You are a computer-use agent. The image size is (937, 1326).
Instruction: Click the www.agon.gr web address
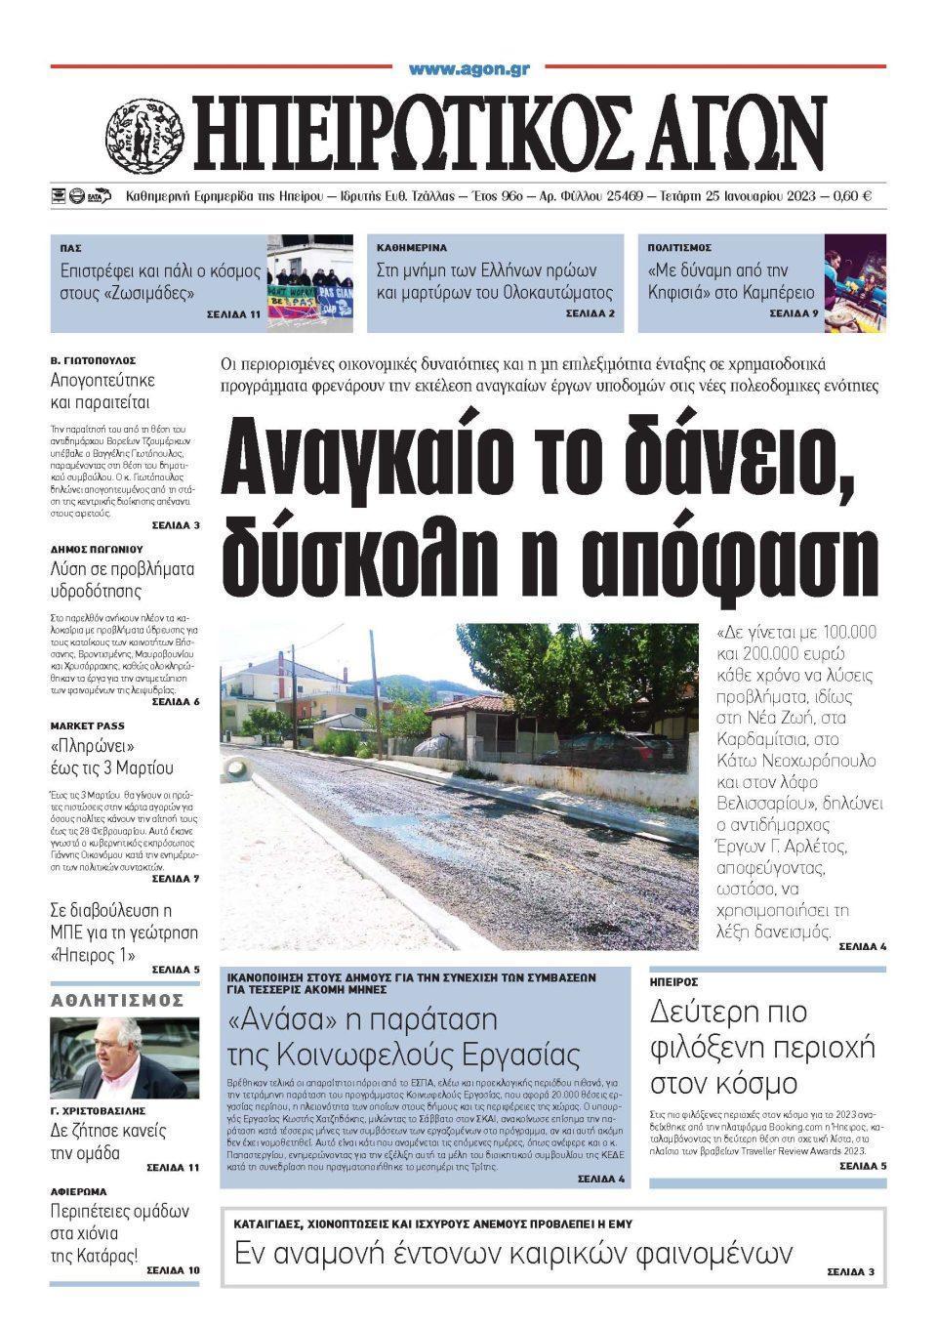click(468, 69)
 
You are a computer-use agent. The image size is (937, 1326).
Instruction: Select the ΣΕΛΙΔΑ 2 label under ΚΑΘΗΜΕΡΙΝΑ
click(591, 313)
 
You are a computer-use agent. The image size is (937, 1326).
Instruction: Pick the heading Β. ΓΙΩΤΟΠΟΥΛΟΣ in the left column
click(93, 360)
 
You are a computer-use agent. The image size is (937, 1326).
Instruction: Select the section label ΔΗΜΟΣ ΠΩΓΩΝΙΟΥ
click(96, 549)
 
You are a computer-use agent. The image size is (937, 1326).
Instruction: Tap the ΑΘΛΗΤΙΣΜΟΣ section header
click(118, 1000)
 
